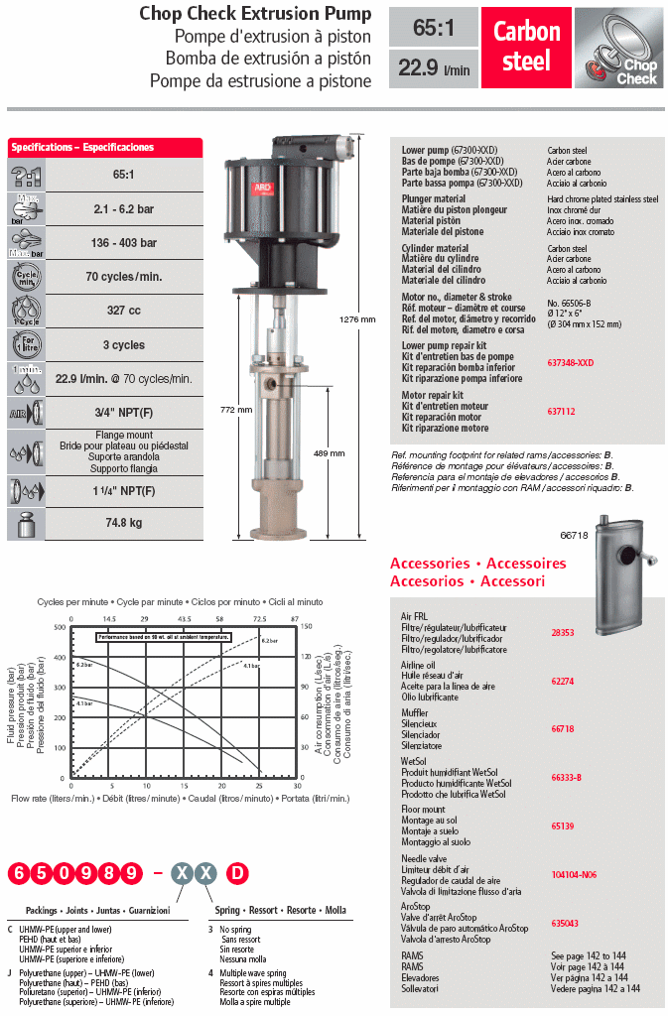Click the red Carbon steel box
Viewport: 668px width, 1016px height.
(527, 46)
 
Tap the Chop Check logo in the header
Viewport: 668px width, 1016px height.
(619, 47)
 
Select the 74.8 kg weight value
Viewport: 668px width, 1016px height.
(123, 522)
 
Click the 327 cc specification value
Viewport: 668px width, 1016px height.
(123, 311)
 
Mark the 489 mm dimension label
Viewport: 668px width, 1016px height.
(331, 452)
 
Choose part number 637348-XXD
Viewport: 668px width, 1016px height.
(572, 363)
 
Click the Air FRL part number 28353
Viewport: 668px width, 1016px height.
(563, 632)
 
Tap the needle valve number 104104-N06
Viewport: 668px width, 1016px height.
(575, 874)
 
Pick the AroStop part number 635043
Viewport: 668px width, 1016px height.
(566, 923)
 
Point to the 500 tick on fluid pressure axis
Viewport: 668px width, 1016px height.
(60, 627)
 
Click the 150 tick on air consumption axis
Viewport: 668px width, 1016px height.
(308, 627)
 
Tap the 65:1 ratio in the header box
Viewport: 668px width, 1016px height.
(433, 29)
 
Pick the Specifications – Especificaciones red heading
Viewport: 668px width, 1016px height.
(82, 147)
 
